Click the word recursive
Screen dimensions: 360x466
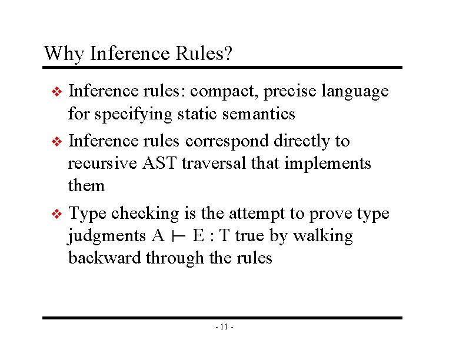point(103,163)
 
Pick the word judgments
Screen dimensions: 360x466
point(107,236)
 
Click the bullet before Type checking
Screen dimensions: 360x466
point(56,214)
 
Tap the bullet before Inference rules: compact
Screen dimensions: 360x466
point(56,92)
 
